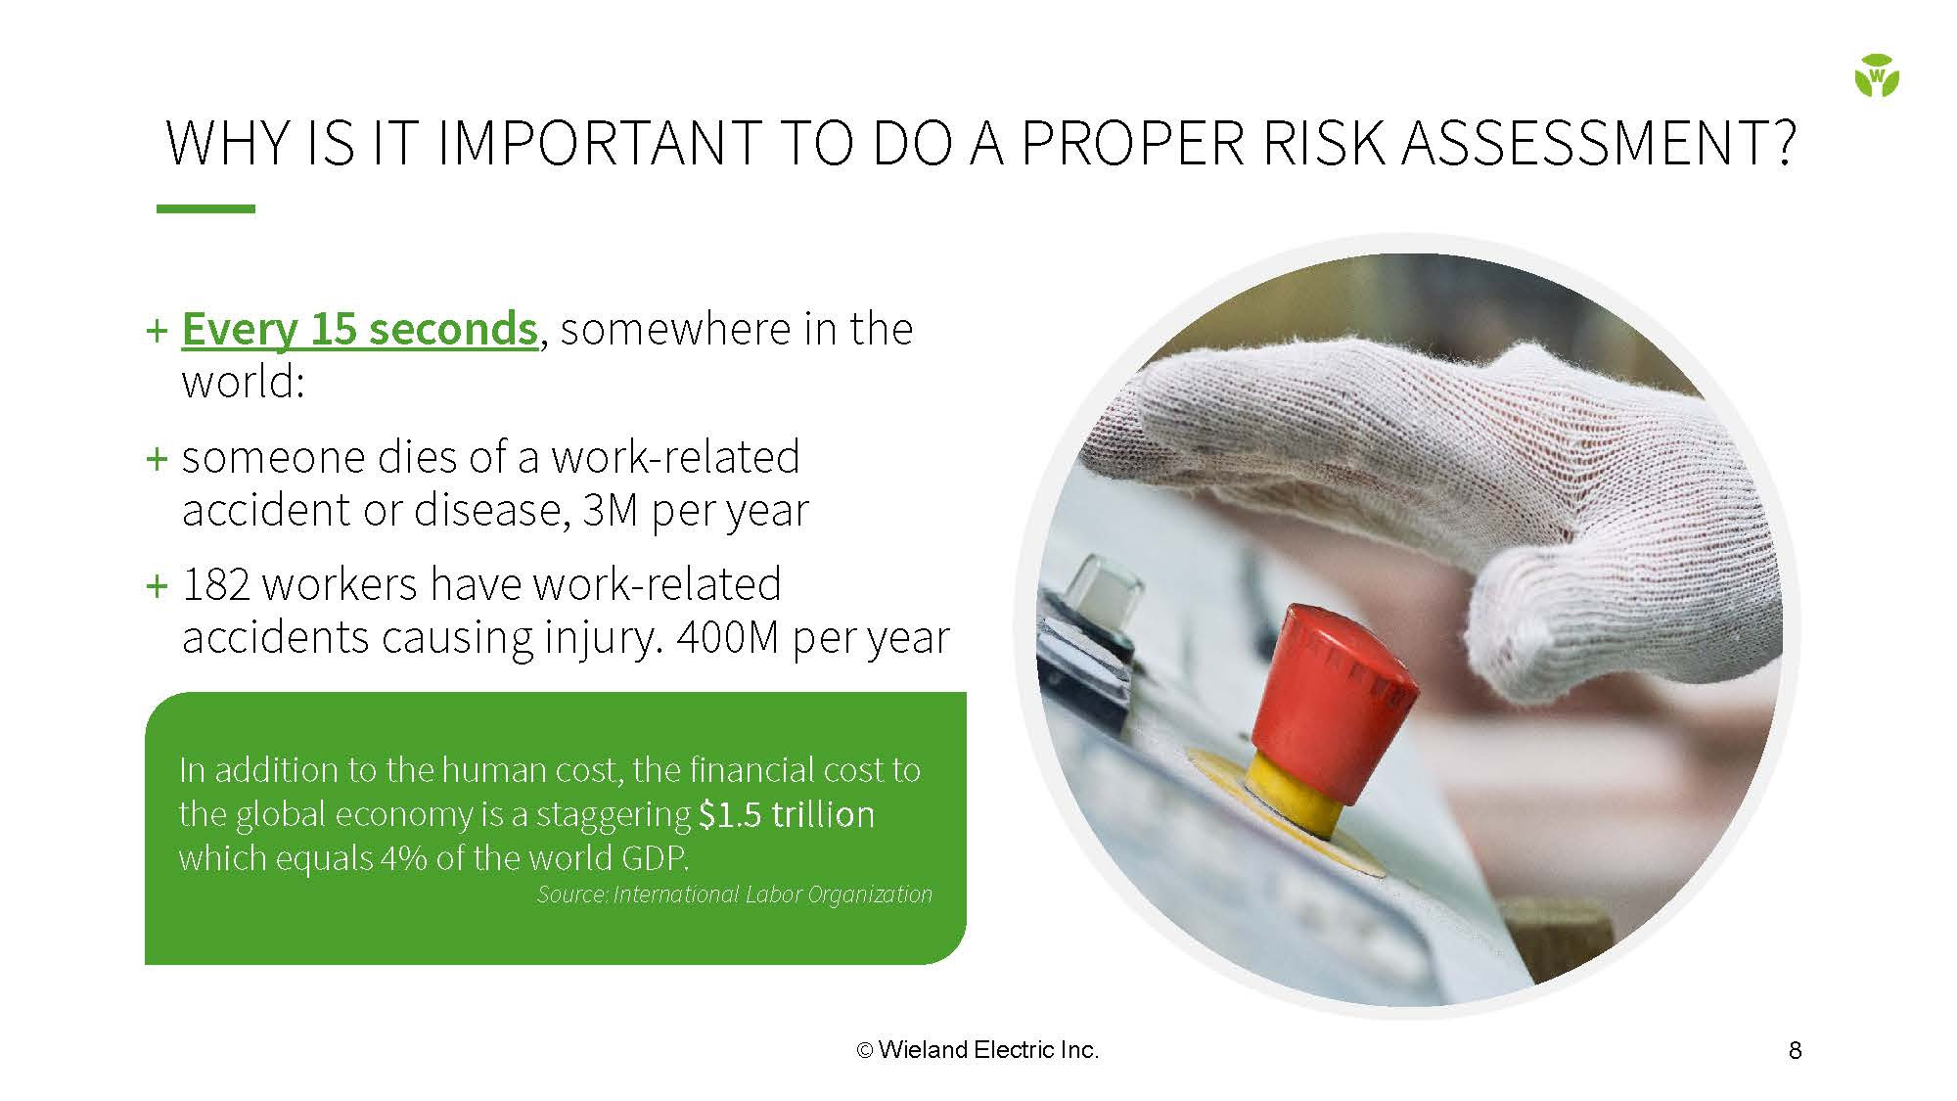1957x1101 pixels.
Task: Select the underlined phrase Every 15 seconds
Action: [360, 329]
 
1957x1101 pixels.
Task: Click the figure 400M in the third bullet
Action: [728, 637]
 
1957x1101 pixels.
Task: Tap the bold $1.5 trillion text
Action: [787, 814]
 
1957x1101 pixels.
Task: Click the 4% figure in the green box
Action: [405, 858]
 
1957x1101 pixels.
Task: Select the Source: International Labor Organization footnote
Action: [734, 895]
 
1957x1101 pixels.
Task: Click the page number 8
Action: [1795, 1050]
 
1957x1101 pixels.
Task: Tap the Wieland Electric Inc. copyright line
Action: [978, 1050]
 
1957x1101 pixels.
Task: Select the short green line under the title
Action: [205, 208]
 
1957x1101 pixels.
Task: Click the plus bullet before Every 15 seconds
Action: [157, 330]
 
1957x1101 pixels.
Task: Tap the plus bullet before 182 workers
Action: [157, 586]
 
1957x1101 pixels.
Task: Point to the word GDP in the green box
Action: [655, 858]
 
